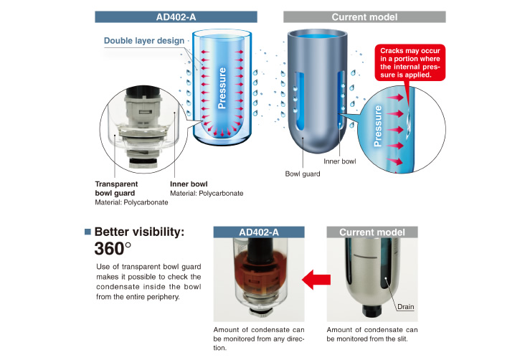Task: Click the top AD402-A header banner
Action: (x=176, y=16)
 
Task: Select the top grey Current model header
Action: (x=364, y=16)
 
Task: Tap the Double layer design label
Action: (x=143, y=40)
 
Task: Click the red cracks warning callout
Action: (x=410, y=62)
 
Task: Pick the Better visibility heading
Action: (x=139, y=232)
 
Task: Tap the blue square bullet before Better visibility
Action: (x=87, y=232)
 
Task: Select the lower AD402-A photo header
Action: (x=259, y=232)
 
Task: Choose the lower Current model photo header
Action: (x=372, y=232)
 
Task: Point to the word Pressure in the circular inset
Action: (x=379, y=127)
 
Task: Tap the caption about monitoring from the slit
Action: (x=371, y=334)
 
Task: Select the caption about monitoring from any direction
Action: (x=259, y=338)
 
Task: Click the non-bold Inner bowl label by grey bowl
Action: (x=339, y=161)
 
